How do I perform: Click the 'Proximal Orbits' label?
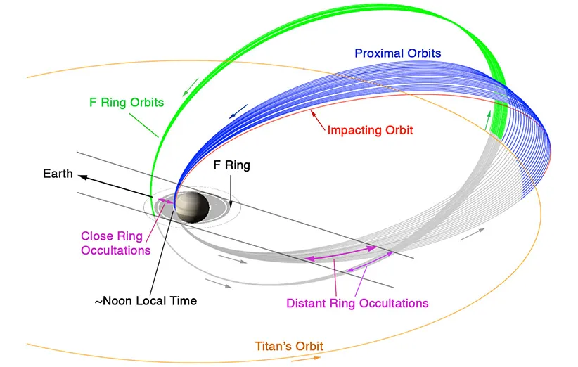pyautogui.click(x=399, y=53)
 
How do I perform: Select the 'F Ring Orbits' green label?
pyautogui.click(x=127, y=103)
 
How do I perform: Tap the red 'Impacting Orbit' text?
pyautogui.click(x=370, y=130)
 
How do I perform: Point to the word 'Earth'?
pyautogui.click(x=58, y=173)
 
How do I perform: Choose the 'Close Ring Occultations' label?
pyautogui.click(x=116, y=243)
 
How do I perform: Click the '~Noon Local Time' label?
pyautogui.click(x=146, y=300)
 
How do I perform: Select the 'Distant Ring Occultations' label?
pyautogui.click(x=357, y=303)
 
